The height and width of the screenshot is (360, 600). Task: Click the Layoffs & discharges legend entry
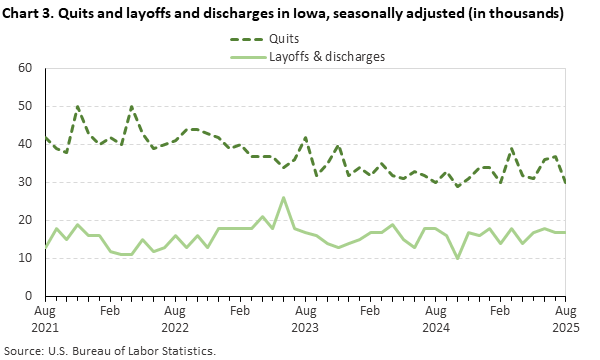pyautogui.click(x=326, y=57)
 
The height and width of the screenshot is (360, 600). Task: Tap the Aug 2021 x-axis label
pyautogui.click(x=45, y=319)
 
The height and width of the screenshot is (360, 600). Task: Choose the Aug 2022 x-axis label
pyautogui.click(x=175, y=319)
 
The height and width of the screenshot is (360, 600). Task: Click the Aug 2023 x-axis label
pyautogui.click(x=305, y=319)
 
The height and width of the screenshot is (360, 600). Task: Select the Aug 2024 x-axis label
pyautogui.click(x=435, y=319)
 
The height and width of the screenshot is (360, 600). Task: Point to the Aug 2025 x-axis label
pyautogui.click(x=566, y=319)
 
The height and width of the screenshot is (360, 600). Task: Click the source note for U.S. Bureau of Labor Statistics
pyautogui.click(x=110, y=351)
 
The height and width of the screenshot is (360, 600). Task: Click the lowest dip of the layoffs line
pyautogui.click(x=457, y=258)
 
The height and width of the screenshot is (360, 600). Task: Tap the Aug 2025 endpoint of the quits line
pyautogui.click(x=566, y=182)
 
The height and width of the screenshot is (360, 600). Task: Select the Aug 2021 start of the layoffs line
pyautogui.click(x=45, y=247)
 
